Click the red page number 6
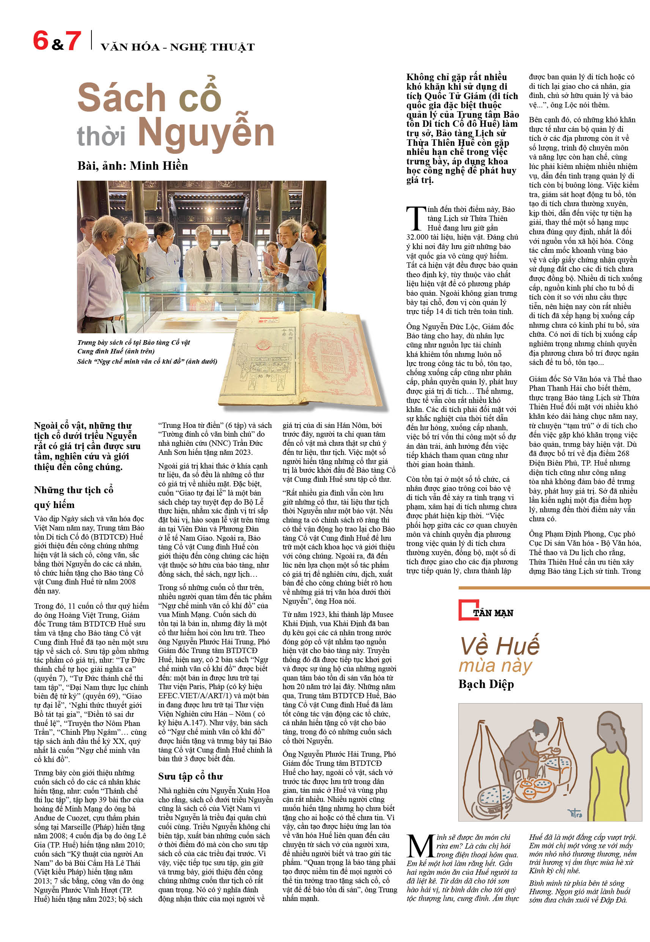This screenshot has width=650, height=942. [40, 41]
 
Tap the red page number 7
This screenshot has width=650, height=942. [73, 41]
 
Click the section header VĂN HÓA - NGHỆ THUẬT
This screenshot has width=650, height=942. [177, 47]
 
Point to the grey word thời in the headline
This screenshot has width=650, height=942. [101, 136]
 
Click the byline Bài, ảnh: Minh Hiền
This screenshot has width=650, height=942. [132, 166]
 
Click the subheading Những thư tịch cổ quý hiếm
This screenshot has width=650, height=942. [73, 497]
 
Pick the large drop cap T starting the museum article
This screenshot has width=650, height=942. [415, 218]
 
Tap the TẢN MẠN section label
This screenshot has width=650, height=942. [493, 613]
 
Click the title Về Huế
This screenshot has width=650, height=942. [499, 645]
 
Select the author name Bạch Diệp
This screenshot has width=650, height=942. [486, 684]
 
